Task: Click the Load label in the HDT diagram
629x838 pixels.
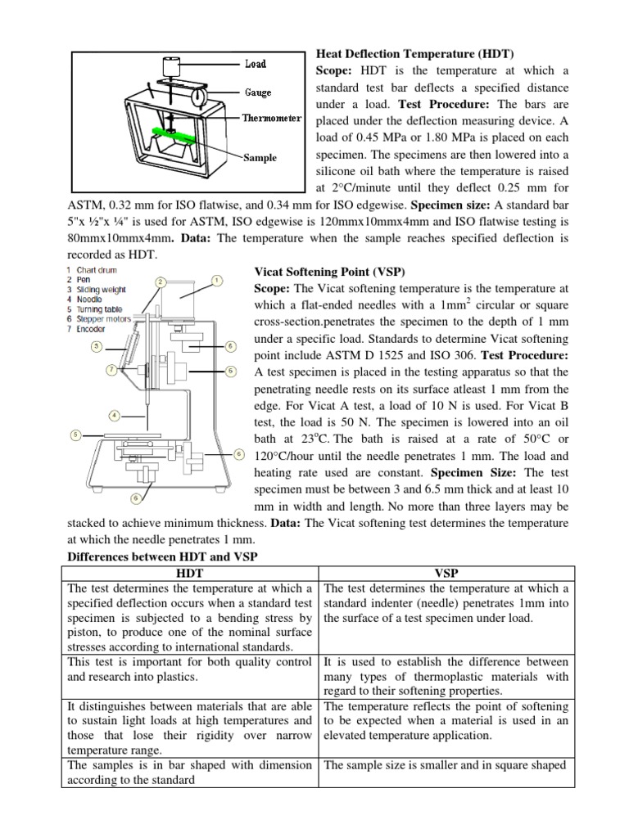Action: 256,64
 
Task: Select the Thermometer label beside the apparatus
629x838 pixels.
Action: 271,119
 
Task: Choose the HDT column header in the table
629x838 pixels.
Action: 190,574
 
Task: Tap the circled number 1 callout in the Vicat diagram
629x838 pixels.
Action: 217,281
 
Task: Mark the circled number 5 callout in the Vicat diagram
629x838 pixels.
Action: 75,435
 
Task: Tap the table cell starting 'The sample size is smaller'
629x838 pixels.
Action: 445,765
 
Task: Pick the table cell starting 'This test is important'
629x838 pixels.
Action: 190,670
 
